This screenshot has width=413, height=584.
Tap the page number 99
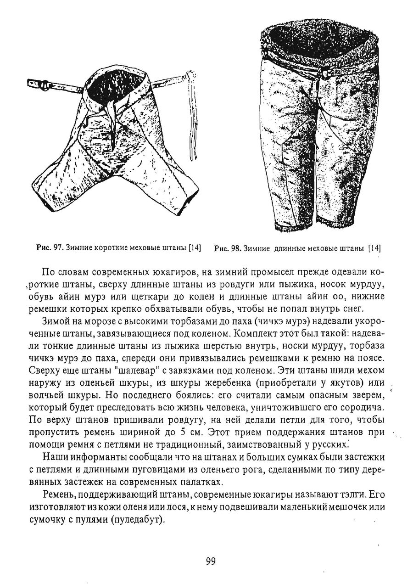(x=211, y=561)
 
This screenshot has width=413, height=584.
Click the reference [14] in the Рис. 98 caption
(x=374, y=248)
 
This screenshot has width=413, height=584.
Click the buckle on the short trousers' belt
(x=44, y=84)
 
